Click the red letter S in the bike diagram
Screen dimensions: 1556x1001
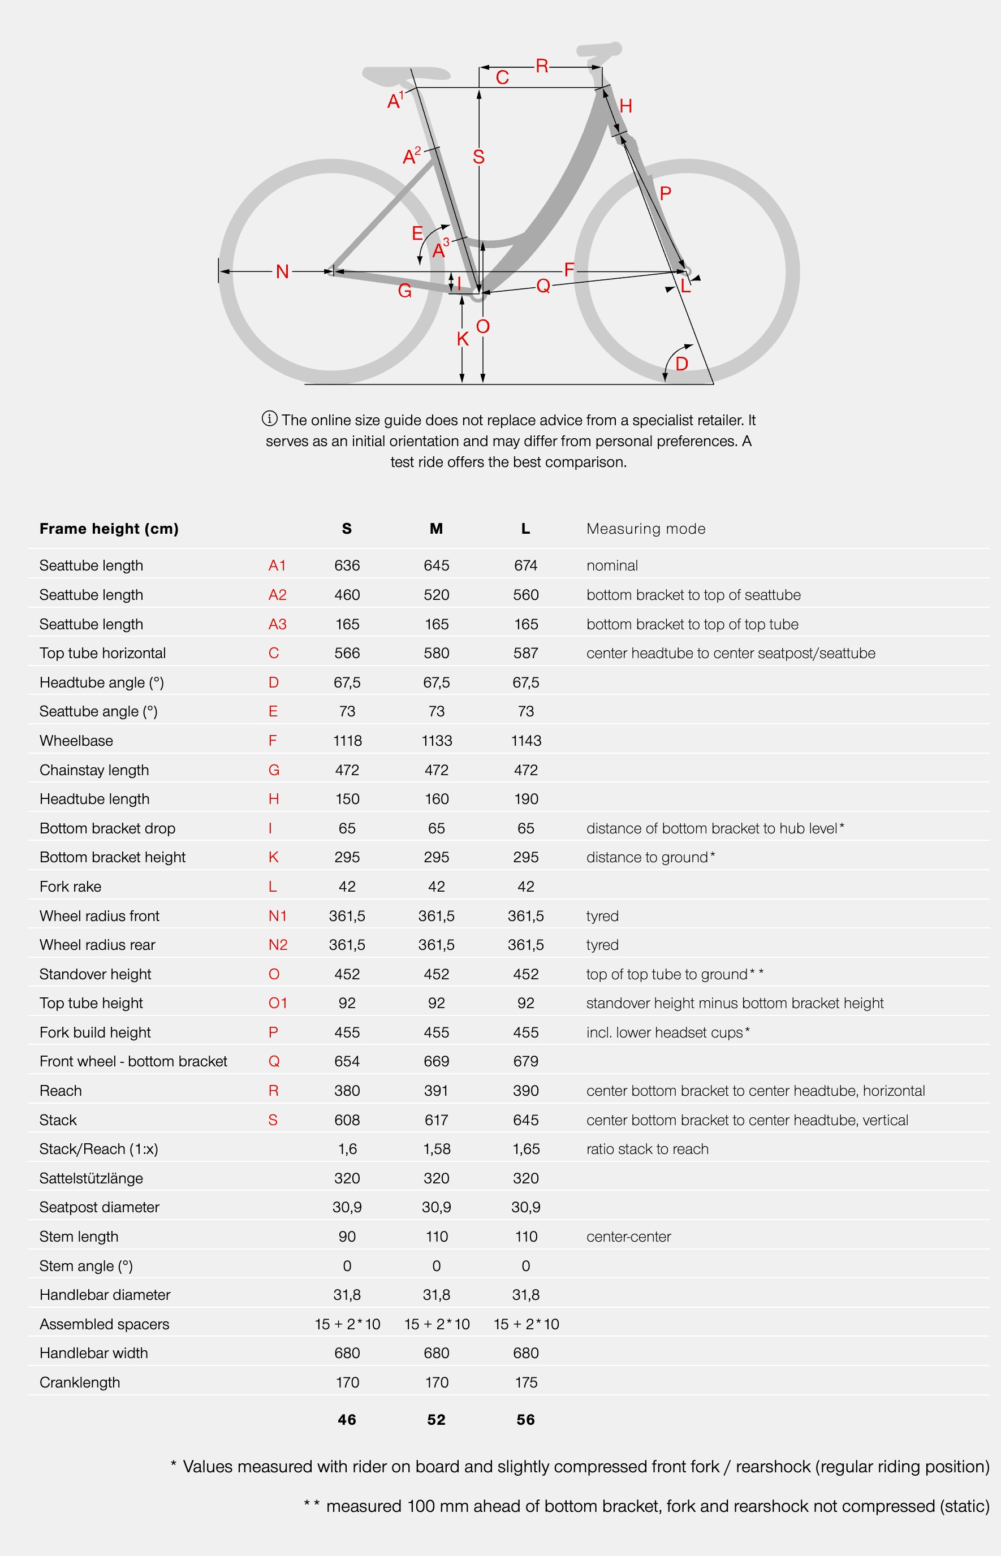(x=478, y=157)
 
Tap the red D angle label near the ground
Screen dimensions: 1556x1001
(x=681, y=363)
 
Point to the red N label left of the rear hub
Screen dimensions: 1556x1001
(x=282, y=271)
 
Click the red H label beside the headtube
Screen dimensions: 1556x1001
(x=626, y=106)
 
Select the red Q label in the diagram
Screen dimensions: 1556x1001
(x=543, y=286)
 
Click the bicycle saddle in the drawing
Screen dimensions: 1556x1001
(x=406, y=75)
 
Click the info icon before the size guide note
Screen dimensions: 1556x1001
(x=269, y=418)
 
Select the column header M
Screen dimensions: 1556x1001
(x=436, y=529)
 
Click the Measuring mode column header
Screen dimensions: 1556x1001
(x=645, y=529)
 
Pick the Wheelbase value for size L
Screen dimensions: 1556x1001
(x=526, y=741)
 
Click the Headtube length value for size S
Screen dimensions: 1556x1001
(x=347, y=799)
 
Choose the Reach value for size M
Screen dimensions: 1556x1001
(x=436, y=1091)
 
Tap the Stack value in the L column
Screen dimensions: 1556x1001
(x=526, y=1120)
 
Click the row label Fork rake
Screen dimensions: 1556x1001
(x=70, y=887)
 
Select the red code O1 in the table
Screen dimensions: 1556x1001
(x=278, y=1003)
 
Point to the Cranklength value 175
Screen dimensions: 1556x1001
(x=526, y=1382)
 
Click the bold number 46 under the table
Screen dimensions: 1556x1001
(x=347, y=1420)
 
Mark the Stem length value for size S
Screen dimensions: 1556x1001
(x=347, y=1237)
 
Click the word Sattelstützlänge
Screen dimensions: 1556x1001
(x=91, y=1178)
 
